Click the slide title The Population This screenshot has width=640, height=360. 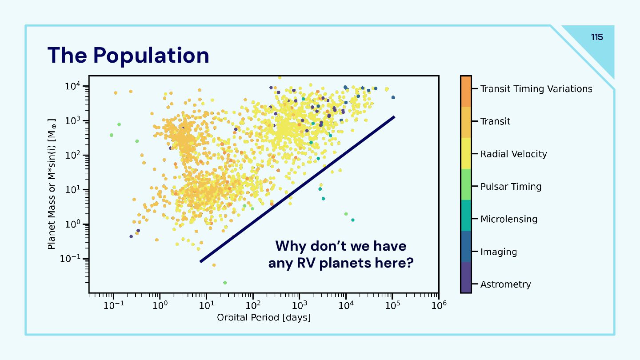[x=128, y=56]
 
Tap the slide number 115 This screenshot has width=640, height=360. [x=597, y=37]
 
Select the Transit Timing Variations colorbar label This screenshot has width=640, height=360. [x=536, y=89]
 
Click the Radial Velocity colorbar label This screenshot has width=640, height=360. [x=513, y=154]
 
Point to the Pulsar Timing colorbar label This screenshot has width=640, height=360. [x=511, y=187]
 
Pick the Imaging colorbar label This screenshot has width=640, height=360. [x=498, y=252]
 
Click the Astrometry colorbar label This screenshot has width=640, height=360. [x=505, y=284]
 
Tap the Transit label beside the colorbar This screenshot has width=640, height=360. [x=495, y=121]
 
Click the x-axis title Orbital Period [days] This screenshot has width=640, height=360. [x=264, y=318]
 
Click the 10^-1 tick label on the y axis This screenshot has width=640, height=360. [x=71, y=259]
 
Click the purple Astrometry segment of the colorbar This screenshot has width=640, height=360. [x=466, y=277]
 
